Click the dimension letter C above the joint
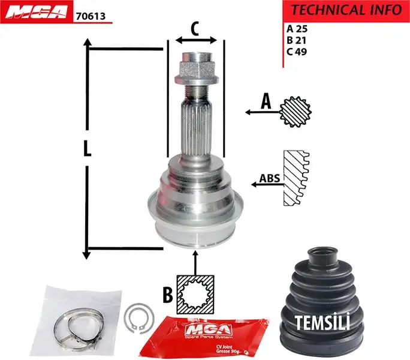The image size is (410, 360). click(195, 28)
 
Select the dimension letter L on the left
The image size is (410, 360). click(88, 148)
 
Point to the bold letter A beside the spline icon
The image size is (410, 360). click(266, 103)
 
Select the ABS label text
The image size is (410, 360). click(269, 179)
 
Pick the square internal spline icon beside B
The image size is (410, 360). click(195, 294)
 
